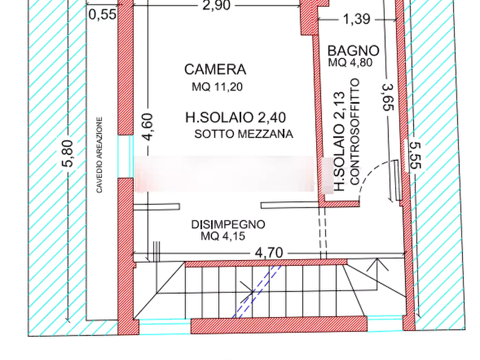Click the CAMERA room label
point(215,69)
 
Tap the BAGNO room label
point(353,51)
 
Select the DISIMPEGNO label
point(228,225)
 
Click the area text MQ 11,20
point(217,87)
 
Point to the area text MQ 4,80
point(350,62)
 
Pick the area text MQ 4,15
point(223,236)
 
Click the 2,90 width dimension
point(217,5)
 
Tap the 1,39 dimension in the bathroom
point(356,19)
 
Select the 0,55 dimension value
point(103,15)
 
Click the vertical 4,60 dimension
point(148,127)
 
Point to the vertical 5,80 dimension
point(68,154)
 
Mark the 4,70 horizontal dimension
point(269,253)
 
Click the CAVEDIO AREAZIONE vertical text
point(99,155)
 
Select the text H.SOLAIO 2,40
point(236,118)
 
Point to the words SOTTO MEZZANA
point(243,134)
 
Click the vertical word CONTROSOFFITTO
point(354,132)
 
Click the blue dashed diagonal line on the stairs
point(257,291)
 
